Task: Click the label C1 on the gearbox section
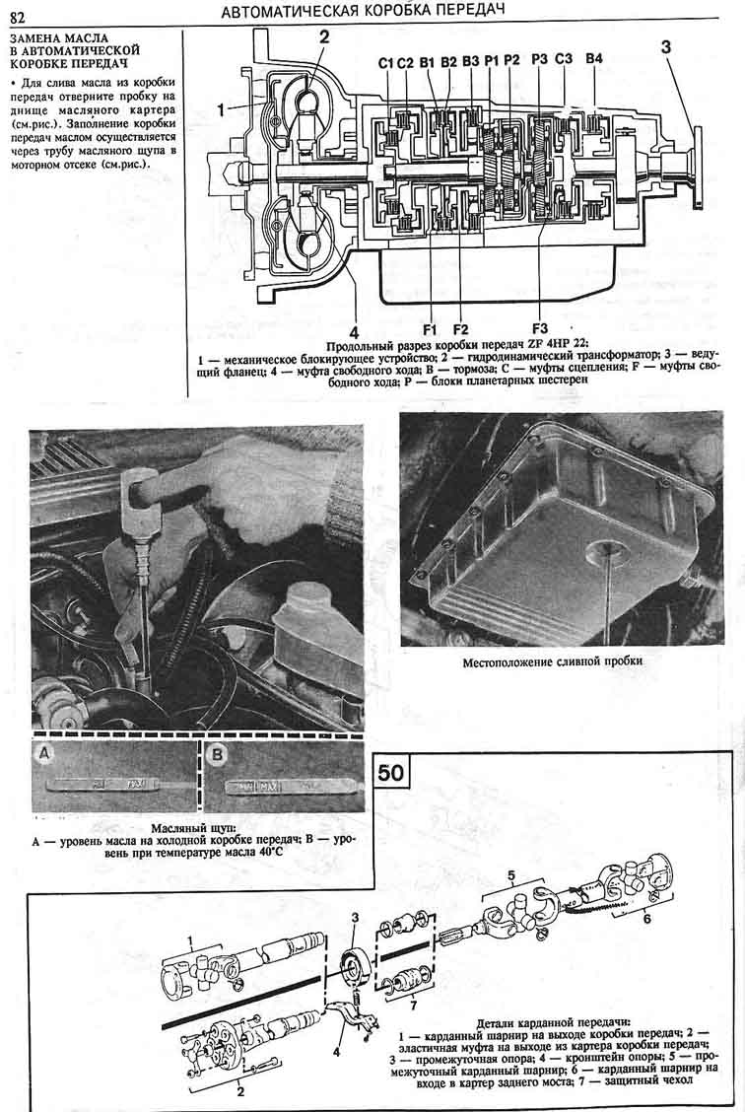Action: pos(385,63)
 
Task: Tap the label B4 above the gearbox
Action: pos(594,59)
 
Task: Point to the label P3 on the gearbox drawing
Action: pos(539,59)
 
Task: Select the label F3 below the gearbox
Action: pos(539,328)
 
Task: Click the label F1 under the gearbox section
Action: pos(430,329)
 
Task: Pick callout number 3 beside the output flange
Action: pos(665,46)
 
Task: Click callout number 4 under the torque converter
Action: pos(355,333)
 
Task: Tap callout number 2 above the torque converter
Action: pos(324,36)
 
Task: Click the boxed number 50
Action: pos(390,772)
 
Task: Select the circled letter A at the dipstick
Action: pos(44,755)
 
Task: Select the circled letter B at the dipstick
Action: pos(217,755)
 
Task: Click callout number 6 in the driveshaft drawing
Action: pos(646,919)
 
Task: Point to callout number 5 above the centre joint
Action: pos(511,876)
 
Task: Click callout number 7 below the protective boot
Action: pos(413,1005)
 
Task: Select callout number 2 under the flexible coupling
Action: pos(240,1091)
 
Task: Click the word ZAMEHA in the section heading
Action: pos(34,38)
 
